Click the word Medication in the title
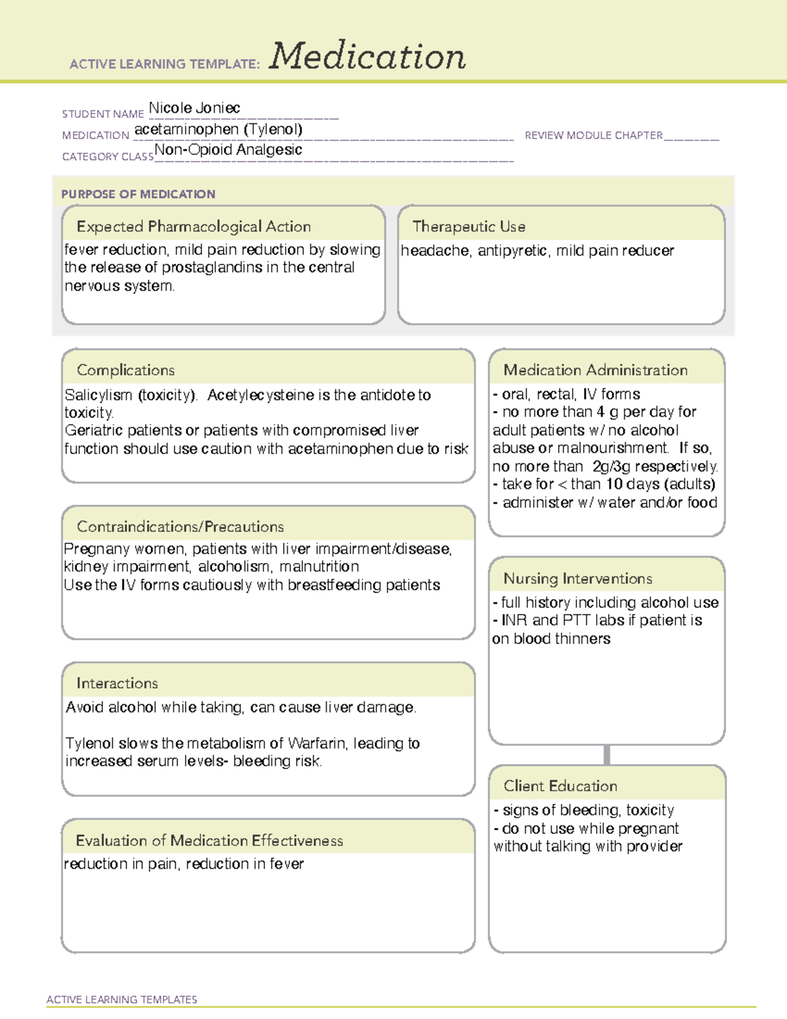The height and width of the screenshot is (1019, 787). click(x=367, y=56)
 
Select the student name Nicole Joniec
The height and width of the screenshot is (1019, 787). click(x=194, y=108)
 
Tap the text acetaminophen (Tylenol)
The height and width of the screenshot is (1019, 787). click(x=218, y=129)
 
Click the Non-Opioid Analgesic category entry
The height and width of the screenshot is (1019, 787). click(x=228, y=150)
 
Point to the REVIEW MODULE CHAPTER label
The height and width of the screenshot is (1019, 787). click(x=594, y=135)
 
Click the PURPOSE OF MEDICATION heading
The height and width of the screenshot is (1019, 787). click(x=138, y=194)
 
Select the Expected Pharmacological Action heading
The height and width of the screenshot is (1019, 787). click(x=193, y=226)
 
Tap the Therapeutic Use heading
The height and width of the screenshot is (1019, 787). click(x=468, y=226)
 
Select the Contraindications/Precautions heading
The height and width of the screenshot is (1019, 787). click(x=180, y=526)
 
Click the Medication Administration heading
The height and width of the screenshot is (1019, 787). click(x=595, y=370)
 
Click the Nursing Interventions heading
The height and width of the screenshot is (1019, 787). click(x=577, y=579)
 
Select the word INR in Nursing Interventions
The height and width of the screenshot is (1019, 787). click(x=514, y=621)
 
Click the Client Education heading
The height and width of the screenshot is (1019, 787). click(x=560, y=786)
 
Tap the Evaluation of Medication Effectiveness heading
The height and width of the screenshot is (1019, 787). click(x=209, y=841)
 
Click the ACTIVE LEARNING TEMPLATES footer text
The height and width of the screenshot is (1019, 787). click(x=121, y=999)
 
